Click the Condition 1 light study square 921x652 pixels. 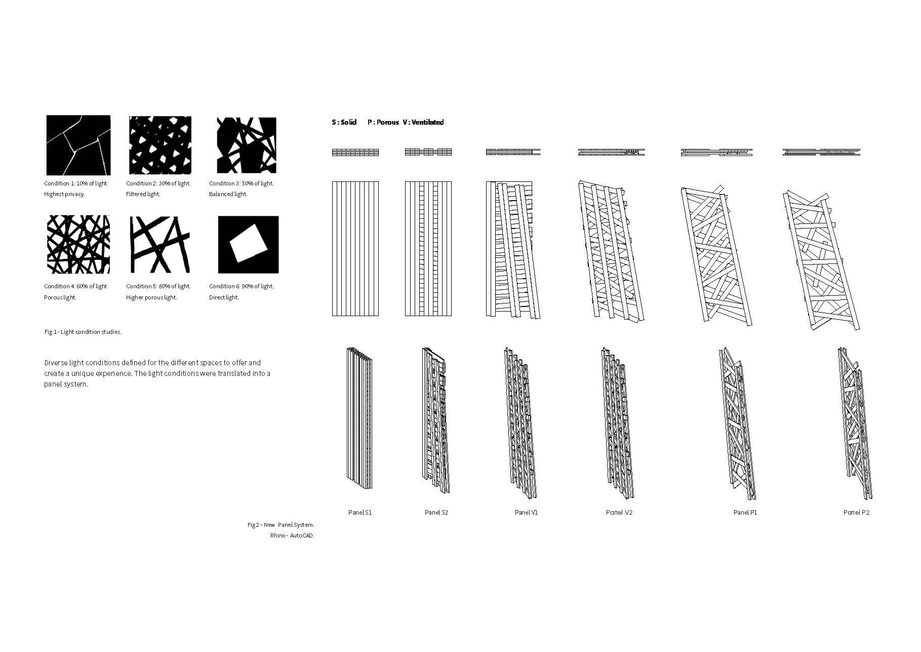[x=78, y=145]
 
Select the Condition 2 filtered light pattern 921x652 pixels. [x=160, y=145]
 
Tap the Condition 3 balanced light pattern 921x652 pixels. [x=247, y=145]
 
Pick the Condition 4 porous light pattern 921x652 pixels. [x=78, y=245]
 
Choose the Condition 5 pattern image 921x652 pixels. [x=160, y=245]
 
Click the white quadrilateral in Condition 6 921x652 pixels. [x=248, y=244]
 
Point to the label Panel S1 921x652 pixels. [x=360, y=512]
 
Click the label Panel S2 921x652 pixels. [x=436, y=512]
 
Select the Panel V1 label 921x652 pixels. [x=526, y=512]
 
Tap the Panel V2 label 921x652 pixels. [x=619, y=512]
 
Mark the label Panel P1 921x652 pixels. [x=745, y=512]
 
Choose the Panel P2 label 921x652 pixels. [x=856, y=512]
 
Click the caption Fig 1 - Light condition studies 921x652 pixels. [x=83, y=332]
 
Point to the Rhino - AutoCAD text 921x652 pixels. [x=292, y=535]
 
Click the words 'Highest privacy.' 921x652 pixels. [x=64, y=194]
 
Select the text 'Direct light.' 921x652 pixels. [x=223, y=297]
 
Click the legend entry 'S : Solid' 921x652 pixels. [x=344, y=122]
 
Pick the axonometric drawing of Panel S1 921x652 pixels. [x=359, y=418]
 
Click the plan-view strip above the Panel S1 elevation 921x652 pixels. [x=355, y=152]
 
